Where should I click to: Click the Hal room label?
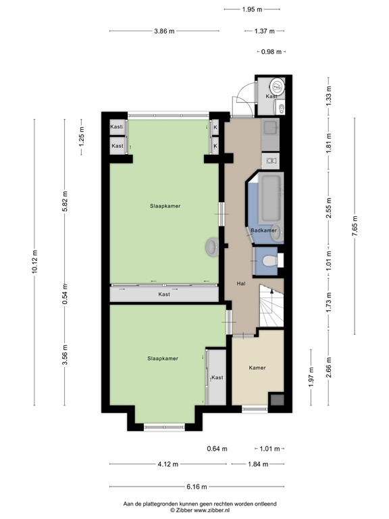pos(240,284)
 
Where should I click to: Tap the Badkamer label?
pos(263,230)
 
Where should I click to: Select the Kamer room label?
pos(257,368)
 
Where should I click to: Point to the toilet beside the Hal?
pos(268,261)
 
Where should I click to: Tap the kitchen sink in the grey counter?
pos(271,127)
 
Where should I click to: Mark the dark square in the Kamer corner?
pos(276,401)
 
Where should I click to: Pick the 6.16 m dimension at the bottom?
pos(197,487)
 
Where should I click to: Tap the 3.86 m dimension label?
pos(164,31)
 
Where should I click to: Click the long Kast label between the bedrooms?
pos(164,294)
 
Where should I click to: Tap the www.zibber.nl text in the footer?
pos(214,510)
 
